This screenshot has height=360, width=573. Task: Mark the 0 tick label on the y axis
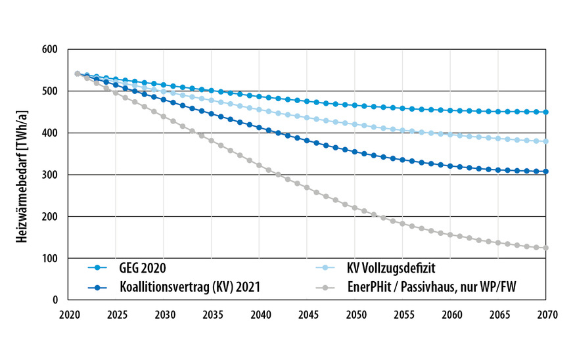tap(55, 300)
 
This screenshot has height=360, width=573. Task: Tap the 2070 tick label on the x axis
tap(546, 314)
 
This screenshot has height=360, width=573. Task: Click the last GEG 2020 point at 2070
tap(546, 112)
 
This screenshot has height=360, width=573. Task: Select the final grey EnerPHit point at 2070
tap(546, 248)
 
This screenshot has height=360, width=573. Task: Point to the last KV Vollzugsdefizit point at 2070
tap(546, 141)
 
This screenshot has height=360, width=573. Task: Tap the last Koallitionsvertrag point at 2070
tap(546, 171)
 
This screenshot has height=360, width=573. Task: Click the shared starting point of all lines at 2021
tap(78, 74)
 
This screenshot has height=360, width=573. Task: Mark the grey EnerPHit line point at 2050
tap(355, 208)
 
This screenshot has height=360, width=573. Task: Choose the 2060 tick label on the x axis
tap(450, 314)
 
